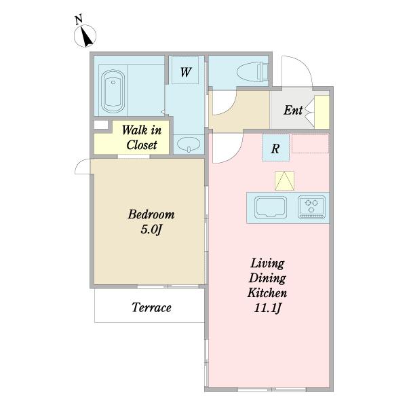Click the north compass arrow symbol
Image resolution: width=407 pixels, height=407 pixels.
click(x=85, y=36)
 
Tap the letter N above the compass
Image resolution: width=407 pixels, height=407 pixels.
click(x=79, y=20)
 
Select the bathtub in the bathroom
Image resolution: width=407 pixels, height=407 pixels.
click(x=113, y=91)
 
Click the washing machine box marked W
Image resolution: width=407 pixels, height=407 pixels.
click(x=185, y=70)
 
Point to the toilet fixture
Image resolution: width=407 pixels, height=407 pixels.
click(x=252, y=71)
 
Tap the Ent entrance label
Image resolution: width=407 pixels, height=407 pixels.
click(x=293, y=110)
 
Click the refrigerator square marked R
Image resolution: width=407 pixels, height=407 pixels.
click(x=275, y=148)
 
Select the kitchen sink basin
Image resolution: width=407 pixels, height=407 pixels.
click(x=271, y=207)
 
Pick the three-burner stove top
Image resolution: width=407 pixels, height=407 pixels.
click(x=311, y=207)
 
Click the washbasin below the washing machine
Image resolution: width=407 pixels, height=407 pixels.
click(x=189, y=144)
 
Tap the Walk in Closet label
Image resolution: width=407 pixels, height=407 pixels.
click(x=142, y=137)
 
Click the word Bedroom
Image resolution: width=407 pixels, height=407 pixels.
click(x=151, y=214)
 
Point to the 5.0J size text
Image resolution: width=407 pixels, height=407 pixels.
click(x=151, y=229)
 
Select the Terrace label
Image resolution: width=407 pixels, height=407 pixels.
click(x=151, y=307)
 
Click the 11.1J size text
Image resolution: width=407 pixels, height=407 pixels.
click(x=268, y=308)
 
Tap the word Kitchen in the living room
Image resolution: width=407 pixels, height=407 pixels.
click(x=267, y=293)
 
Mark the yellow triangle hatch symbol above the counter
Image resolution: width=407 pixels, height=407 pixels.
click(x=284, y=180)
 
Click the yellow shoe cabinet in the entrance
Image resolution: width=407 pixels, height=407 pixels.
click(x=322, y=112)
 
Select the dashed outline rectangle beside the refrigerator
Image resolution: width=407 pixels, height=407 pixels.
click(x=311, y=144)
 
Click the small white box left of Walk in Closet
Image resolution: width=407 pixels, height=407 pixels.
click(x=101, y=125)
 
